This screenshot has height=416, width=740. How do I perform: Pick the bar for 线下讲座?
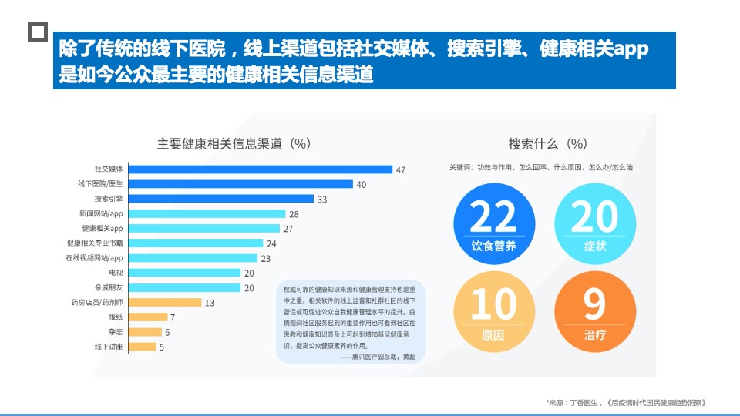(141, 347)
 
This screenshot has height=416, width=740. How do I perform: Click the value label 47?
(400, 169)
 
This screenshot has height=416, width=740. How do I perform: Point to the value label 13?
(209, 303)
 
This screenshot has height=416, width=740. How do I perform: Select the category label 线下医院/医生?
(99, 184)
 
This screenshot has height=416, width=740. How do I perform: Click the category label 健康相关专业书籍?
(95, 243)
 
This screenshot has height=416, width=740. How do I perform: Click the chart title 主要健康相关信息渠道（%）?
(234, 143)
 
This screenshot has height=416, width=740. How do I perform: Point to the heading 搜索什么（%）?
(548, 143)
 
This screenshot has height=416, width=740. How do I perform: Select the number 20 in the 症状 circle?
(595, 217)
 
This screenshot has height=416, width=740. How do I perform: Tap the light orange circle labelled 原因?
(493, 309)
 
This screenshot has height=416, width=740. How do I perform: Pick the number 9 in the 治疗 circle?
(594, 305)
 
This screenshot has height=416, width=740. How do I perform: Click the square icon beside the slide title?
(37, 32)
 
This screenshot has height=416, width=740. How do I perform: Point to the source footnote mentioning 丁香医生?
(625, 403)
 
